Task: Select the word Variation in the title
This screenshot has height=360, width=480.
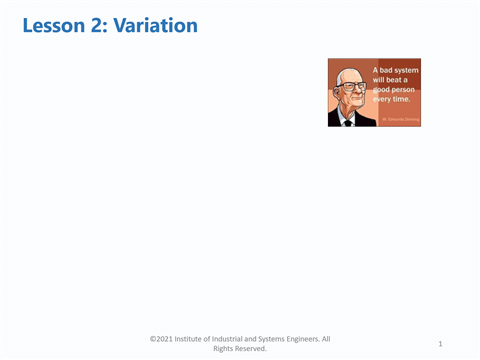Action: [x=155, y=26]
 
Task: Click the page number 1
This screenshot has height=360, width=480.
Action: [x=441, y=343]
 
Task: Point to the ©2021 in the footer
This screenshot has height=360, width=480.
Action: [x=164, y=339]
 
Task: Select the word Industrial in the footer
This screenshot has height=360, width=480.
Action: [x=249, y=339]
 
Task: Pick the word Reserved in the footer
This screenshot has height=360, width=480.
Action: [x=252, y=349]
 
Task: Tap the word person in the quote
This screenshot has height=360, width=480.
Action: [x=405, y=89]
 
